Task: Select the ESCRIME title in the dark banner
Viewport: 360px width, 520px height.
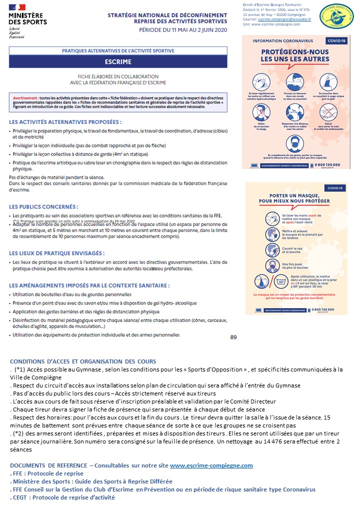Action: [118, 62]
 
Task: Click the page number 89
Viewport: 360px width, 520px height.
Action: [233, 337]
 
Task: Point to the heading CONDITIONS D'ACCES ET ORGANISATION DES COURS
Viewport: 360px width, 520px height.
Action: [83, 361]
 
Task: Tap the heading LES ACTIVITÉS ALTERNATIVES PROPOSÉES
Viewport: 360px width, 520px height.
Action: [65, 121]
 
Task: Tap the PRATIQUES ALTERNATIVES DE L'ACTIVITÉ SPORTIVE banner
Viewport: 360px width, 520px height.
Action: [118, 51]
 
